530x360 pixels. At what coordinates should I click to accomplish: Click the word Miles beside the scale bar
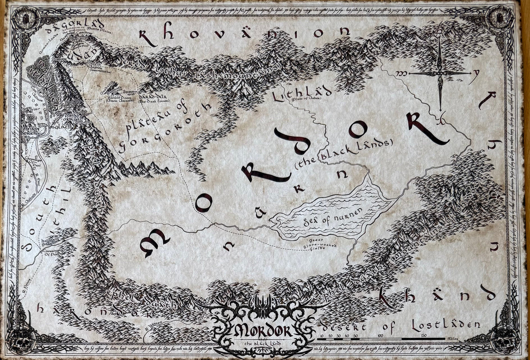450,339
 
